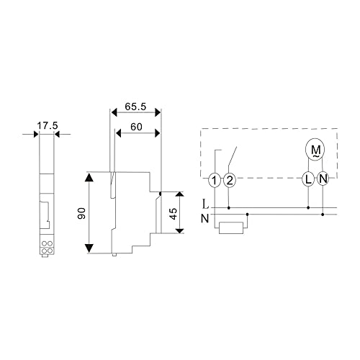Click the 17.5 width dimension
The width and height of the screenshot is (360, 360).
click(48, 125)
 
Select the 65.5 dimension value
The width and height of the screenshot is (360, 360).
click(135, 107)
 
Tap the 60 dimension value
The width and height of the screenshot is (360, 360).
click(136, 127)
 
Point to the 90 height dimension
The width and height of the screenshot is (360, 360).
click(82, 213)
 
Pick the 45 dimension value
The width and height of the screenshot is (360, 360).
click(173, 214)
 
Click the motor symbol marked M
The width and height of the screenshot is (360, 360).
click(315, 150)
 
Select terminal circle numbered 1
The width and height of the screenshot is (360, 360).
click(215, 180)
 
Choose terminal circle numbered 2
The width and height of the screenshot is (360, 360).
click(230, 180)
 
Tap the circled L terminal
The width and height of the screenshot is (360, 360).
click(308, 179)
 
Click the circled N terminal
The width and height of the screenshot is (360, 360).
click(323, 179)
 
